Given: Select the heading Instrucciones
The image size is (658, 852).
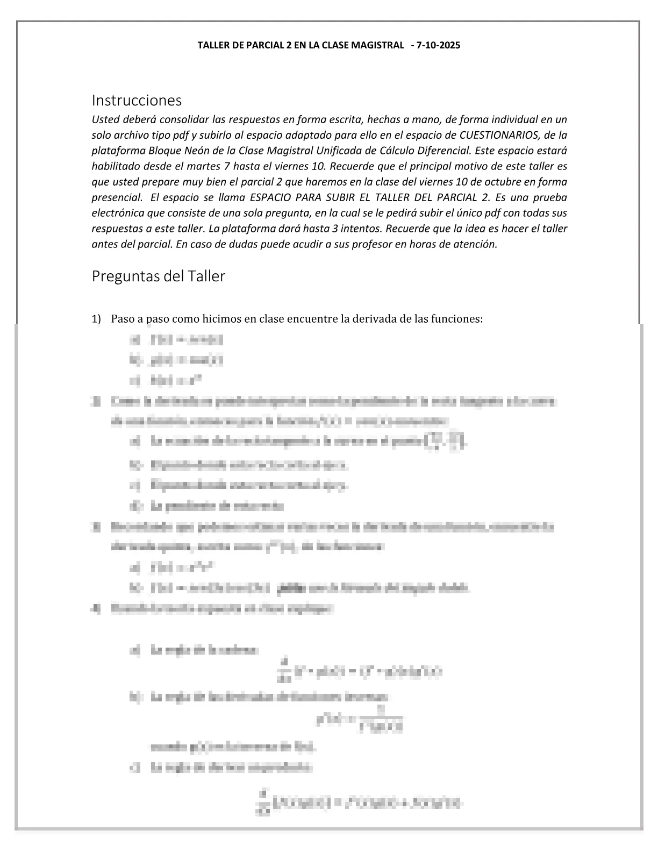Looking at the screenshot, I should (x=137, y=101).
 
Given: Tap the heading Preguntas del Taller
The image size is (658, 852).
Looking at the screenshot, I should (x=158, y=276).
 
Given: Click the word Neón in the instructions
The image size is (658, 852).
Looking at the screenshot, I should (x=199, y=151).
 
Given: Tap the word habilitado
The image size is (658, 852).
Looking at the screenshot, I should (x=113, y=166).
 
